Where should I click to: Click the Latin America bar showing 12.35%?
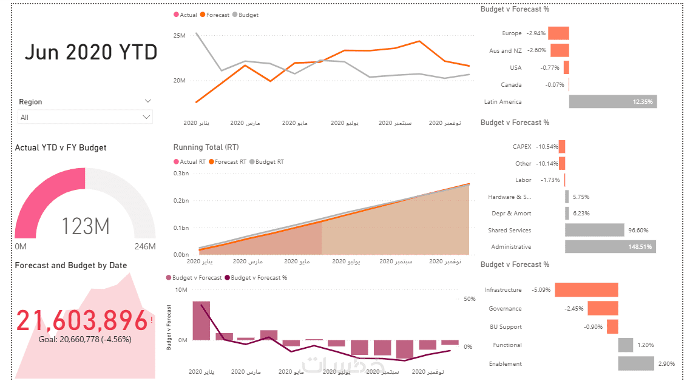click(x=612, y=101)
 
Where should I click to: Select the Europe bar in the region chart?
click(x=559, y=33)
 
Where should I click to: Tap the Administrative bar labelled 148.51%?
click(x=610, y=246)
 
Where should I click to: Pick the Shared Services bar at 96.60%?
click(x=594, y=230)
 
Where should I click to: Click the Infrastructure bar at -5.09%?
click(x=586, y=290)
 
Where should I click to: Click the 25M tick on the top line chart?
click(x=179, y=36)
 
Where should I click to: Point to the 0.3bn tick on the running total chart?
click(x=181, y=174)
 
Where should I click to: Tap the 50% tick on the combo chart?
click(x=469, y=299)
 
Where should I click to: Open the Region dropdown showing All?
click(x=85, y=117)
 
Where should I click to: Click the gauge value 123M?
click(x=85, y=226)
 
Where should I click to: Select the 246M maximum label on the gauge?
click(x=145, y=246)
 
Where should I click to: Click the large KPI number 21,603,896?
click(x=82, y=320)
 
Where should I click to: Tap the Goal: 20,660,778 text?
click(x=84, y=340)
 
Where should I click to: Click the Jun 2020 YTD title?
click(x=90, y=53)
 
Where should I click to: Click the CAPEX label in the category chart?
click(x=521, y=146)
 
